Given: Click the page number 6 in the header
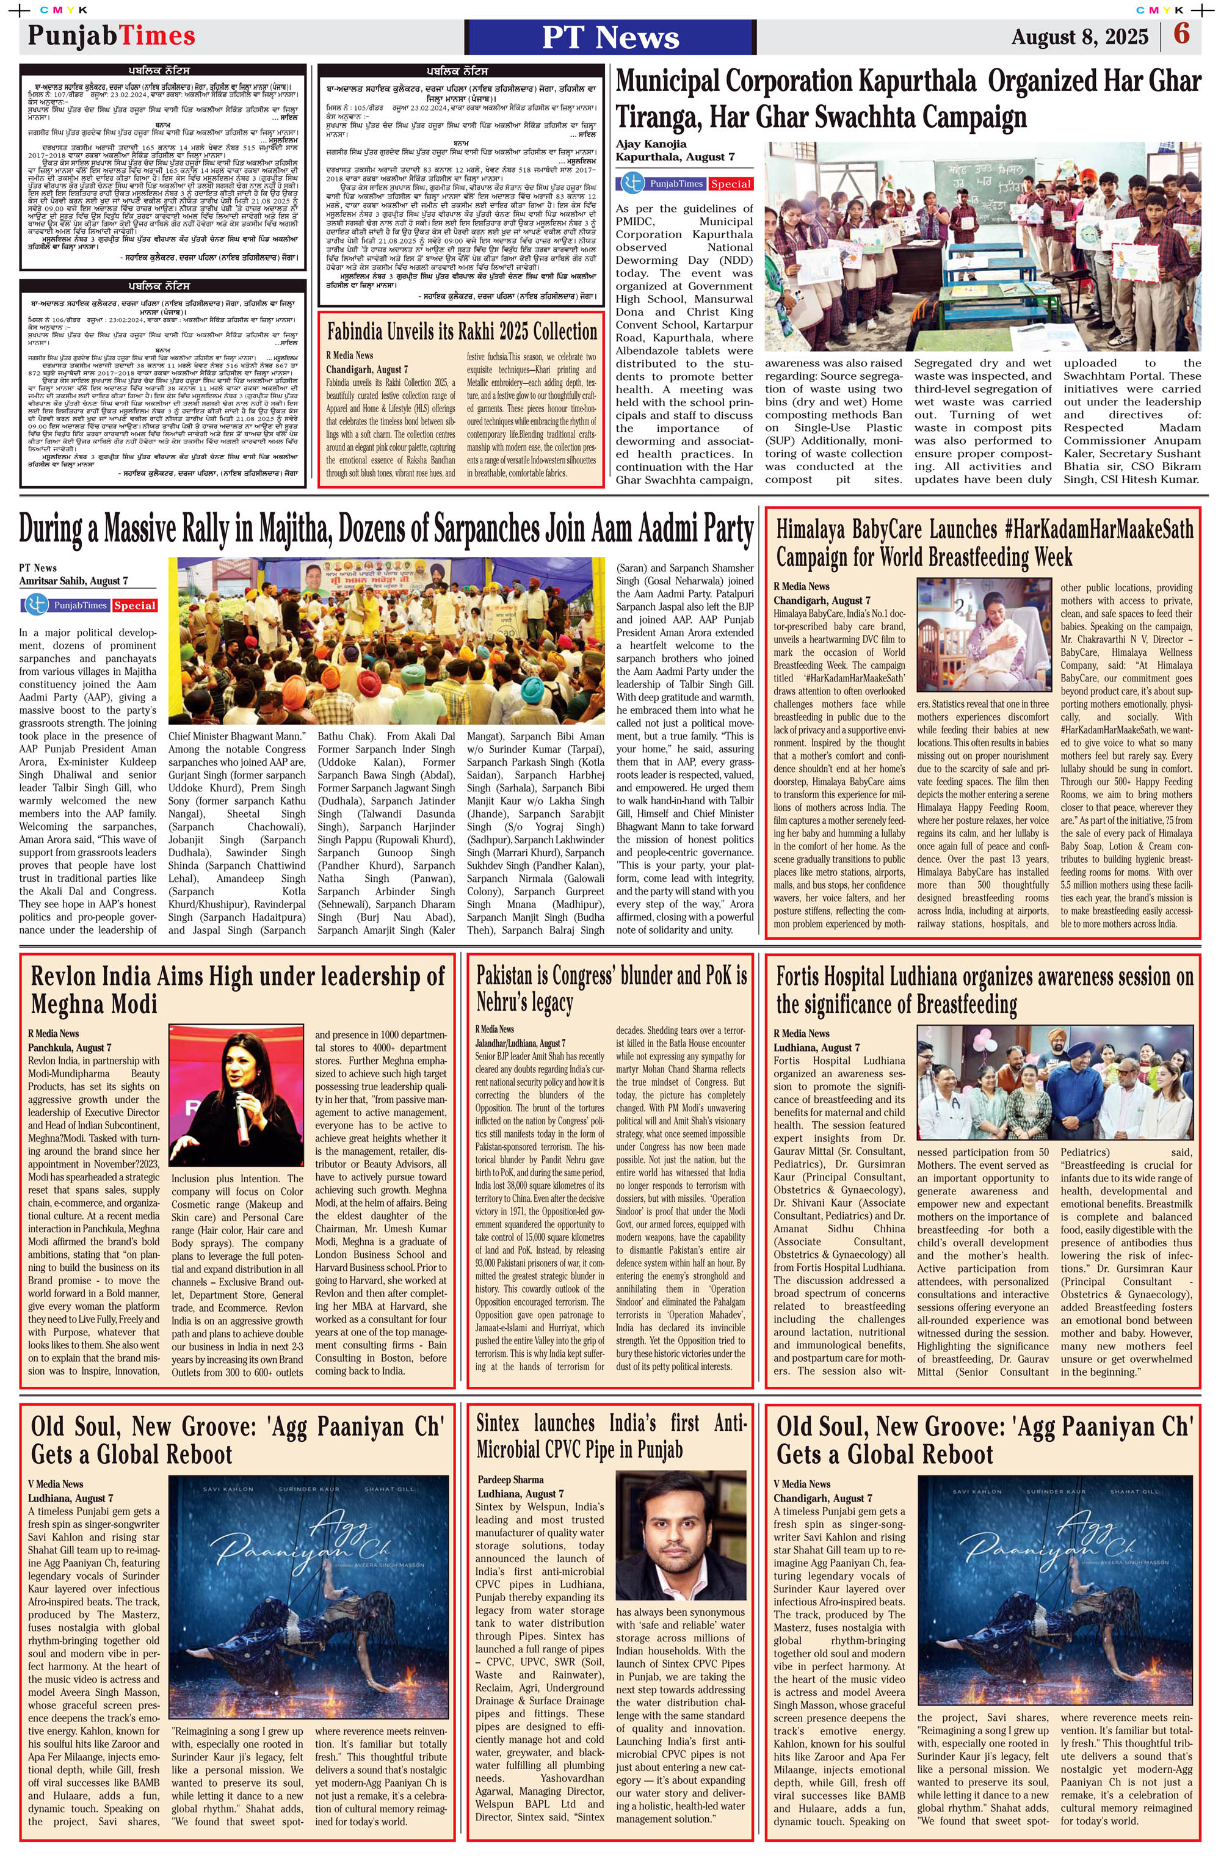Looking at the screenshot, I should [1181, 35].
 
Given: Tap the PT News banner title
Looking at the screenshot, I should [610, 37].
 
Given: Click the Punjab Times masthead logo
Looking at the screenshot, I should [112, 35].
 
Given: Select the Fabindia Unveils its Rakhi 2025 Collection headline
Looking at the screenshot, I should [462, 331].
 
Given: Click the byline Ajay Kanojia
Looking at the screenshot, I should [651, 144].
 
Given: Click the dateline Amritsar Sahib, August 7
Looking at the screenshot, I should [74, 581].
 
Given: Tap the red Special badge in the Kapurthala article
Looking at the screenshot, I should [731, 184].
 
